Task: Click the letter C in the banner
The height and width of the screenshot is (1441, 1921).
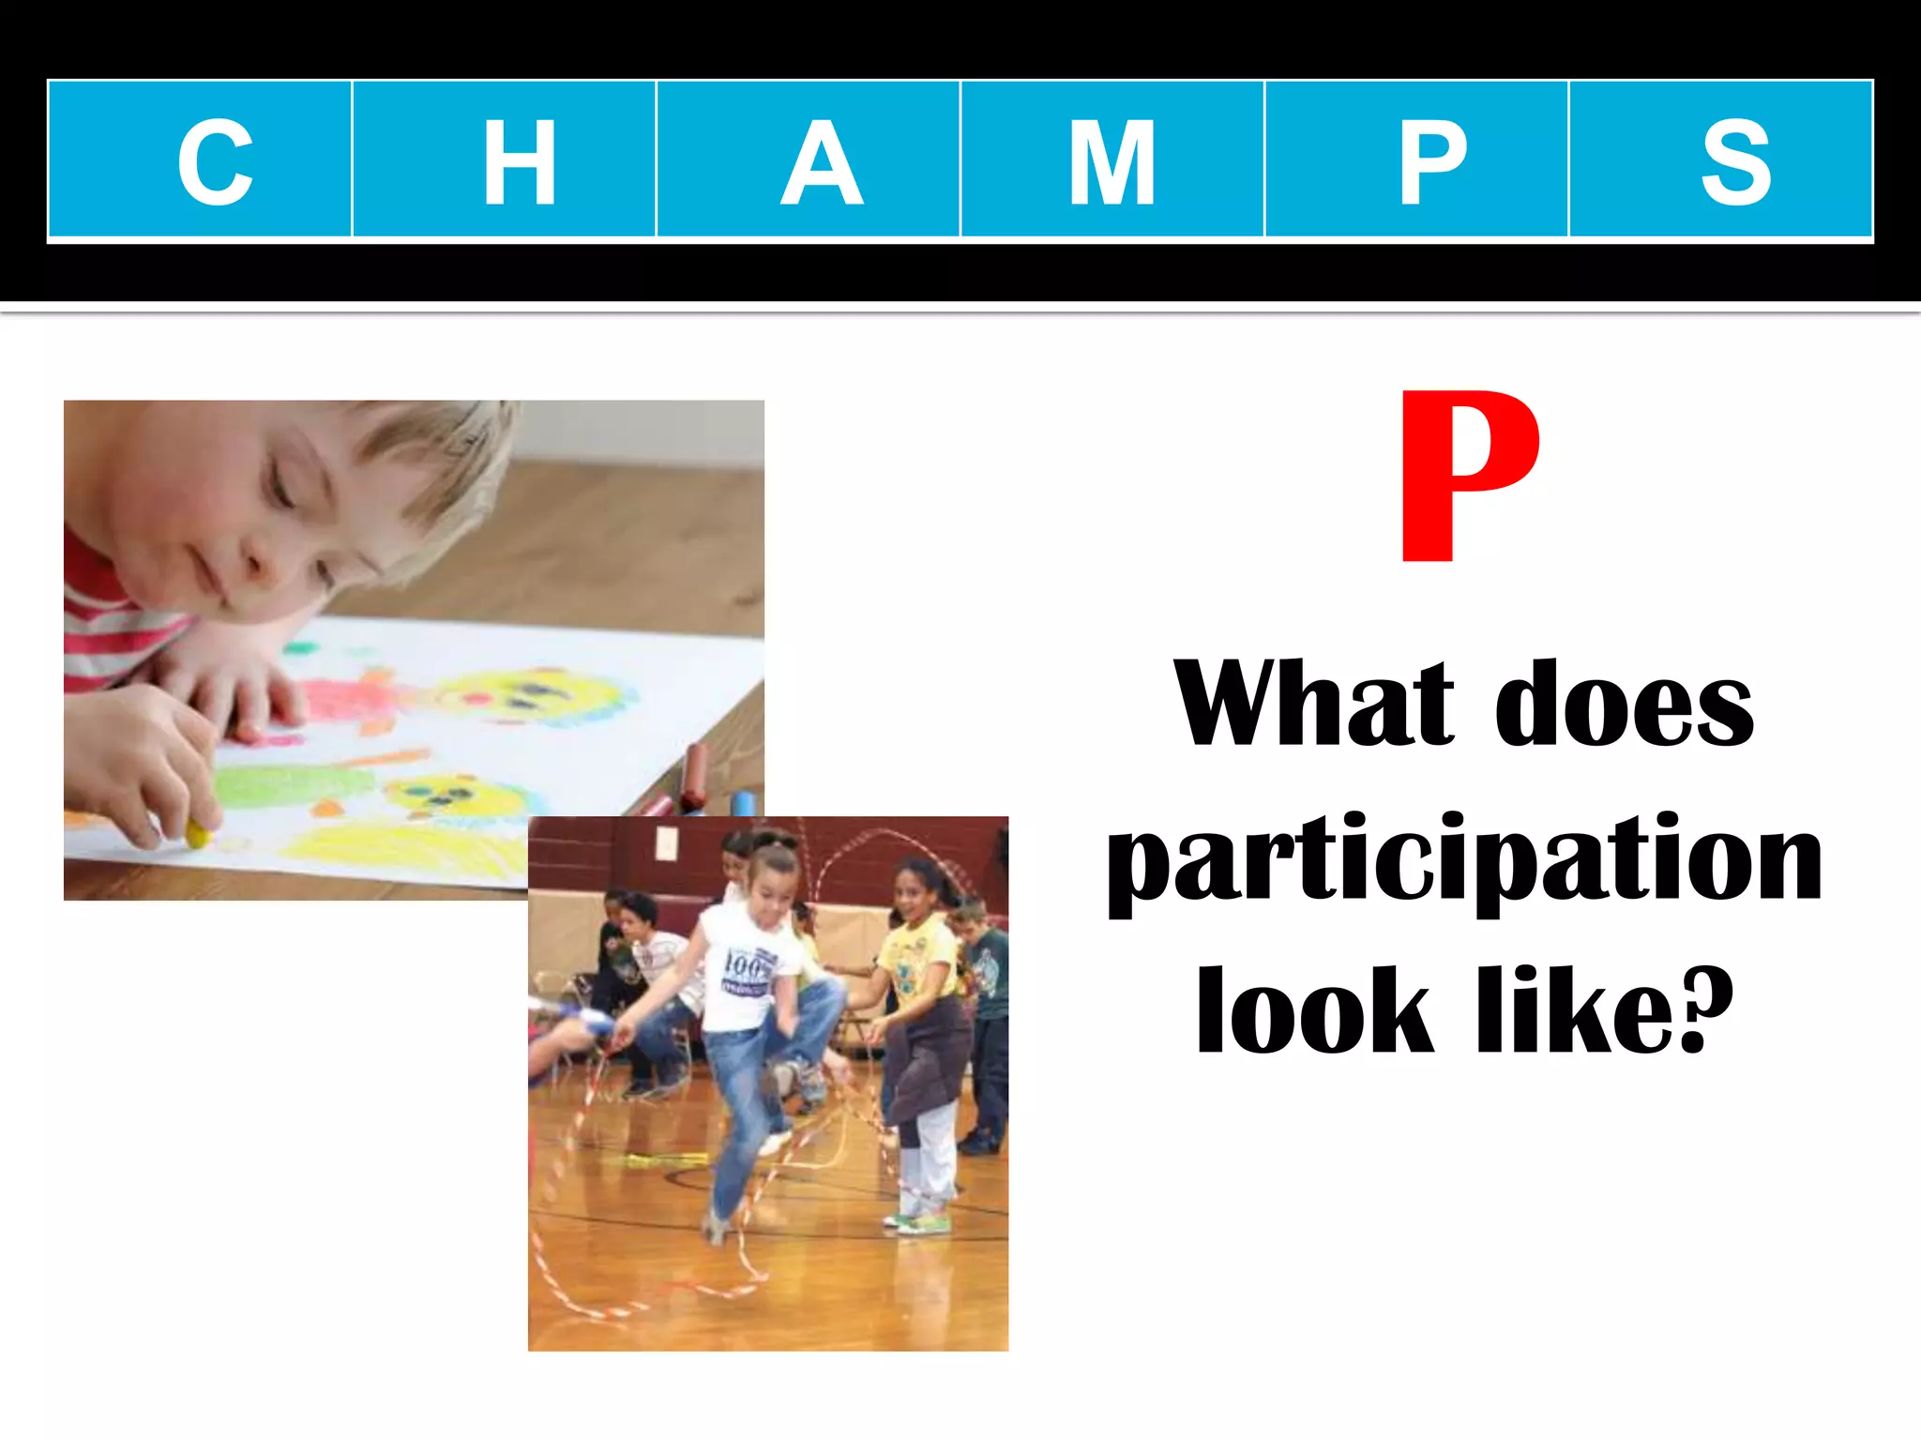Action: (216, 162)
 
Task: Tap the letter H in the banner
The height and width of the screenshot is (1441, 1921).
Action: (519, 162)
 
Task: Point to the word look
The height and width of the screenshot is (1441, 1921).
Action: (1314, 1011)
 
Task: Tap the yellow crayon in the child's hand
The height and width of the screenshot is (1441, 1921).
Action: (196, 832)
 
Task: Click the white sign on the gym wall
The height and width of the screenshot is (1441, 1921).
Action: (667, 842)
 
